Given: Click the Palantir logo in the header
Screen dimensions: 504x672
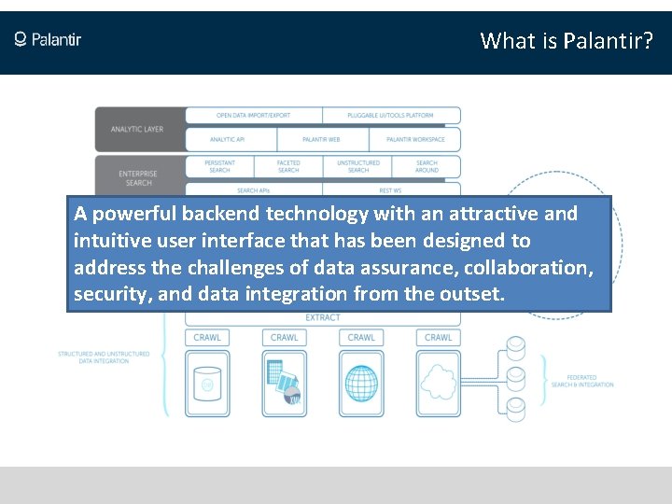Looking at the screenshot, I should coord(48,39).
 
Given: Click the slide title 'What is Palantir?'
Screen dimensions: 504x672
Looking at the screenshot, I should coord(567,41).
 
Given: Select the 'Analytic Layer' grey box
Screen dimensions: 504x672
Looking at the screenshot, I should coord(138,129).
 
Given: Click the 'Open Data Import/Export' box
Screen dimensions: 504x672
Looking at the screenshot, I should coord(253,116).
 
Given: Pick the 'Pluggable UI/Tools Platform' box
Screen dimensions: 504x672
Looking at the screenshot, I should coord(391,116).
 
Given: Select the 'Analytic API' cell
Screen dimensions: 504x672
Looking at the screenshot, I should coord(228,140).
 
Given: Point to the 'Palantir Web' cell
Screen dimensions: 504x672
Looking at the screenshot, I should coord(320,140).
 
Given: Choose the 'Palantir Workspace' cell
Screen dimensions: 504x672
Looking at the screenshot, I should coord(414,140).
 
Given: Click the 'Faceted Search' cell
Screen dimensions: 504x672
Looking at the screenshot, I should coord(288,166).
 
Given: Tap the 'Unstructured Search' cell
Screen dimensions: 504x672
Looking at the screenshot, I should coord(357,166).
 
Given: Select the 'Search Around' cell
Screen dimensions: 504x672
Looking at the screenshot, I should coord(427,166).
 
